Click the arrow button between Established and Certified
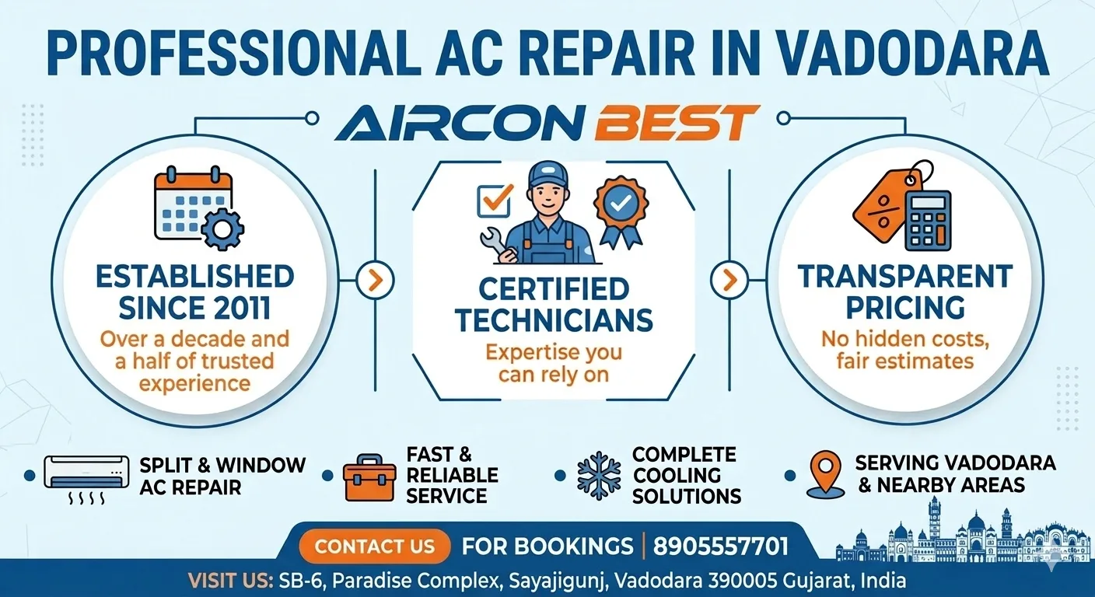point(375,279)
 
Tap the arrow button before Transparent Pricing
point(729,279)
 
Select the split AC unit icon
point(86,473)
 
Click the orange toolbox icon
point(369,475)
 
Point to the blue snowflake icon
point(599,475)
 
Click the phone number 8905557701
point(721,546)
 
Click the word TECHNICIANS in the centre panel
point(554,319)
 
